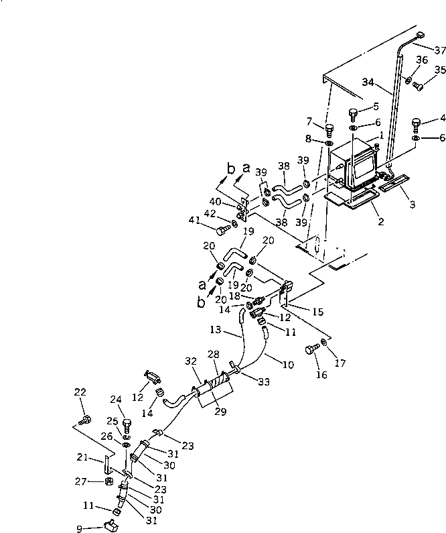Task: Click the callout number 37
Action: coord(439,50)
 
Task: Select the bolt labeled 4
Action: coord(416,124)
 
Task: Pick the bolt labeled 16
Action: coord(312,349)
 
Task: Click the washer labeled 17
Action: coord(324,343)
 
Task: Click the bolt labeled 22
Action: coord(85,420)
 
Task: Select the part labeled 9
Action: coord(107,524)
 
